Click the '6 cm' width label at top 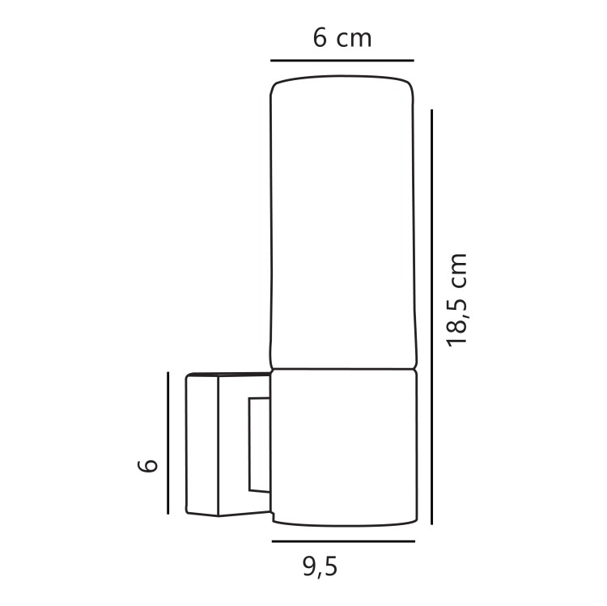pos(342,38)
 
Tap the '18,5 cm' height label pos(457,300)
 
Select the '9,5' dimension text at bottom pos(320,567)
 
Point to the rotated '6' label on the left pos(147,465)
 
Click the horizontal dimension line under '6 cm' pos(342,61)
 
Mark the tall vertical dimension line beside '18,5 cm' pos(431,317)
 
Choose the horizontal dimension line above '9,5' pos(343,541)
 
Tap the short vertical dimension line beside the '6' pos(168,443)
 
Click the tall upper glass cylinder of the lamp pos(343,222)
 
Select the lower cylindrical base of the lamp pos(344,447)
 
